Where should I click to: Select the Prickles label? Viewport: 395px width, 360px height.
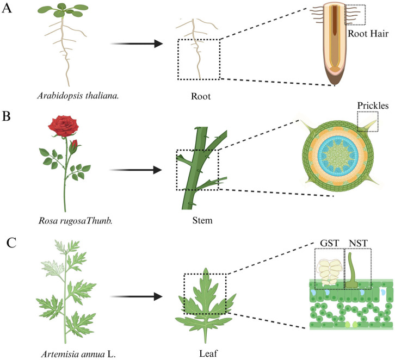(x=372, y=104)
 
